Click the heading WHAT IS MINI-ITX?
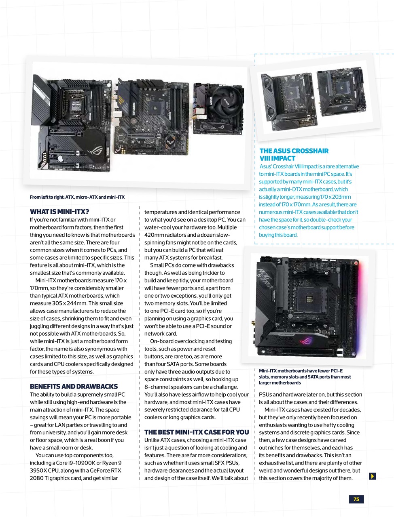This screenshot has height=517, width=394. click(59, 212)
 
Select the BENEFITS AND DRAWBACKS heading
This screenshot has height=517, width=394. click(74, 387)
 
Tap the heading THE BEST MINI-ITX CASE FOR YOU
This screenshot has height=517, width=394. click(197, 432)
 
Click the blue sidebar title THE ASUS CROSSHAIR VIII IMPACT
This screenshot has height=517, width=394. click(294, 155)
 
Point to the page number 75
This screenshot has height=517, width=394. click(356, 499)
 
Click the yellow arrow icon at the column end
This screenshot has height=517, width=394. click(373, 476)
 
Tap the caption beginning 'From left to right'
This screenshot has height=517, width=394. click(77, 197)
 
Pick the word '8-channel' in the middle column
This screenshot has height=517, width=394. click(157, 387)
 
